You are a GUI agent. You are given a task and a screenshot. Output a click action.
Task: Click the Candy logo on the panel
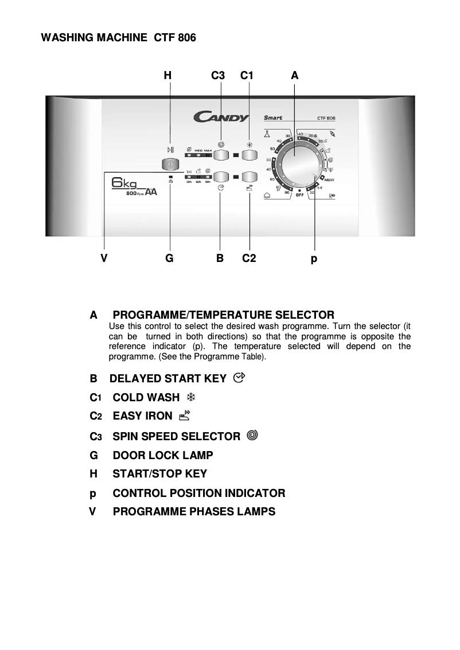(221, 118)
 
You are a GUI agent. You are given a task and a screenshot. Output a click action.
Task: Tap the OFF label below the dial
(299, 195)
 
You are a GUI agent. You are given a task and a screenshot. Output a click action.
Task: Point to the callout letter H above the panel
(167, 76)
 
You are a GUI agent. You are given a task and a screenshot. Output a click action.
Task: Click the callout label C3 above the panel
(217, 76)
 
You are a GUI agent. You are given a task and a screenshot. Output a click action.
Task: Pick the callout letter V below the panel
(104, 259)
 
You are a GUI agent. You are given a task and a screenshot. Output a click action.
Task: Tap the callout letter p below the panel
(314, 259)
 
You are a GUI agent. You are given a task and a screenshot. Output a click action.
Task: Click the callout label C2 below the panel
(249, 259)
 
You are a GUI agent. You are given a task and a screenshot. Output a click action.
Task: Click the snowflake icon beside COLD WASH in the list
(184, 397)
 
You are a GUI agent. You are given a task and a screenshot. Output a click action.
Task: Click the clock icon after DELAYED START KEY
(239, 378)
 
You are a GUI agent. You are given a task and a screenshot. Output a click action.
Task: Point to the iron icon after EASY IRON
(184, 416)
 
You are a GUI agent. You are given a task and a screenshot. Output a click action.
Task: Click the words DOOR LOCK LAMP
(163, 455)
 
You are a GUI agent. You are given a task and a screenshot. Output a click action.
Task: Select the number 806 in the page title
(186, 38)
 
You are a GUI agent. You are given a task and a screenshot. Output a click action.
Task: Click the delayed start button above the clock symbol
(221, 177)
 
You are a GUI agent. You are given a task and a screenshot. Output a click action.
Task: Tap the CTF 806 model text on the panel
(326, 119)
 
